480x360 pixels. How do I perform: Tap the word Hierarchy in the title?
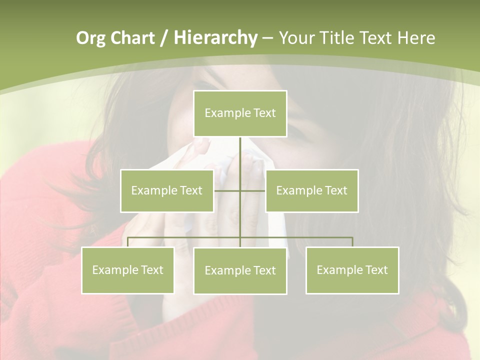coord(215,38)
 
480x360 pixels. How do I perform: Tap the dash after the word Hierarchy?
coord(267,38)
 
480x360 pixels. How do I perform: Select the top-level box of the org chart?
coord(240,113)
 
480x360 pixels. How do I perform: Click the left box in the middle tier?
coord(166,190)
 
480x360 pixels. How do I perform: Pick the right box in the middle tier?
coord(311,190)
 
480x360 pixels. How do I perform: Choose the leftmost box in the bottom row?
coord(127,270)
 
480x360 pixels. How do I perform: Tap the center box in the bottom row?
coord(240,270)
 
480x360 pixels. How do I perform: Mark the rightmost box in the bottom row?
coord(352,270)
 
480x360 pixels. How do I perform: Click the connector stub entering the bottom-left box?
coord(127,242)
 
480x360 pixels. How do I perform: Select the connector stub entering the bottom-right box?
coord(352,242)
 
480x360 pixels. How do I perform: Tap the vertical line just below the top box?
coord(240,150)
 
